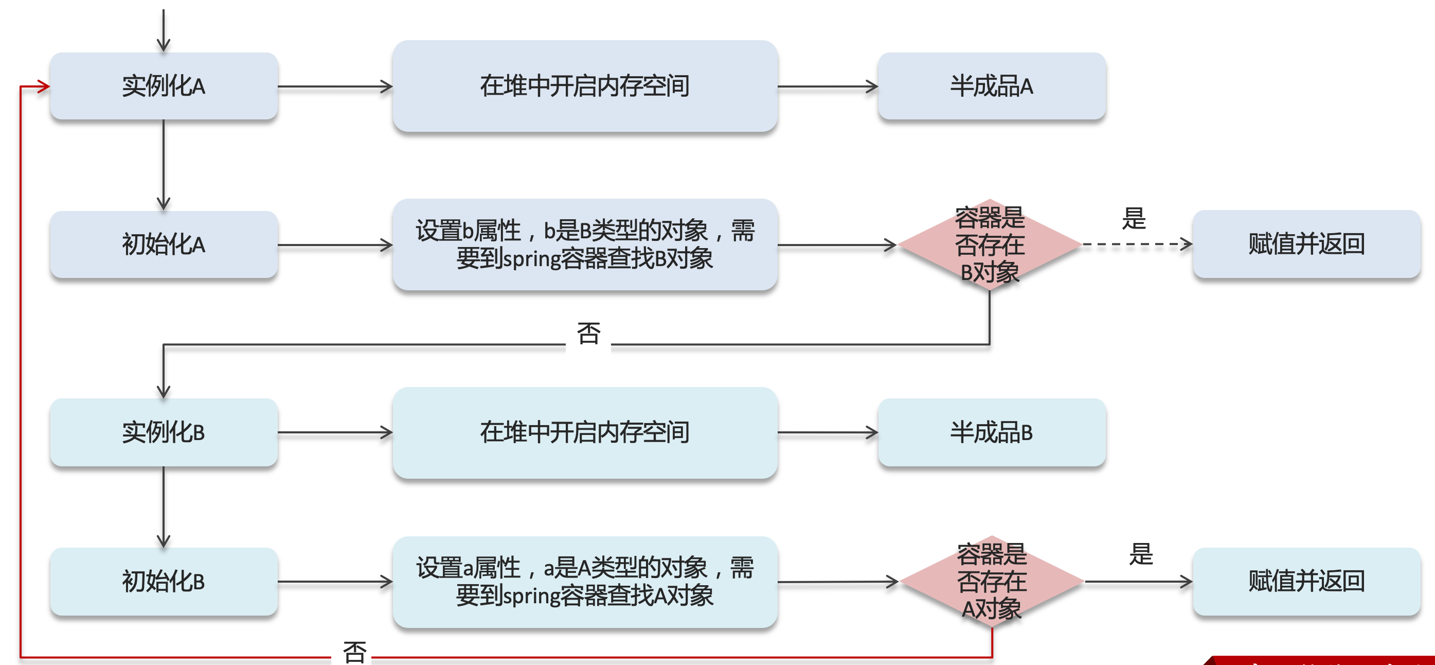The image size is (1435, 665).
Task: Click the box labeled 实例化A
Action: click(x=164, y=86)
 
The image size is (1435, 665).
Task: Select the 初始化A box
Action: click(x=164, y=244)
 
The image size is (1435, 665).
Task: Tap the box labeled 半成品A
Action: click(x=992, y=86)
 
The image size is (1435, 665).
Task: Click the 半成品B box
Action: click(x=992, y=432)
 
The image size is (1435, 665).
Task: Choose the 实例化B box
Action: click(x=164, y=432)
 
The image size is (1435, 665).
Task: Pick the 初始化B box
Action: click(x=164, y=582)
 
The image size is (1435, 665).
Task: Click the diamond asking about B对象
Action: click(x=990, y=244)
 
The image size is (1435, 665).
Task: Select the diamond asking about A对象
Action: click(x=992, y=582)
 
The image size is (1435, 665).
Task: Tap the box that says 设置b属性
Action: click(x=585, y=244)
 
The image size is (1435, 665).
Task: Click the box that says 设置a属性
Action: click(x=585, y=582)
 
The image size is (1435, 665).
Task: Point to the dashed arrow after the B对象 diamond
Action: click(x=1136, y=244)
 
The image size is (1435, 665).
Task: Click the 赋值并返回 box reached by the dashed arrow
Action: click(x=1306, y=244)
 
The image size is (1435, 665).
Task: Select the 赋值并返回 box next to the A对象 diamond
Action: click(x=1306, y=582)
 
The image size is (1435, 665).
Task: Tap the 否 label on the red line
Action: click(x=354, y=652)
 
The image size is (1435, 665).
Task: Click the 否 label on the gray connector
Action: click(x=588, y=334)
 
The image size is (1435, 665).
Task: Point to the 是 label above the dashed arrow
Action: click(x=1134, y=218)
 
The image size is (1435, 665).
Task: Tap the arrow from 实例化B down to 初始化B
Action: click(x=164, y=506)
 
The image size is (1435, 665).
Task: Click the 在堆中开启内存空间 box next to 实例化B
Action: click(x=585, y=432)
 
